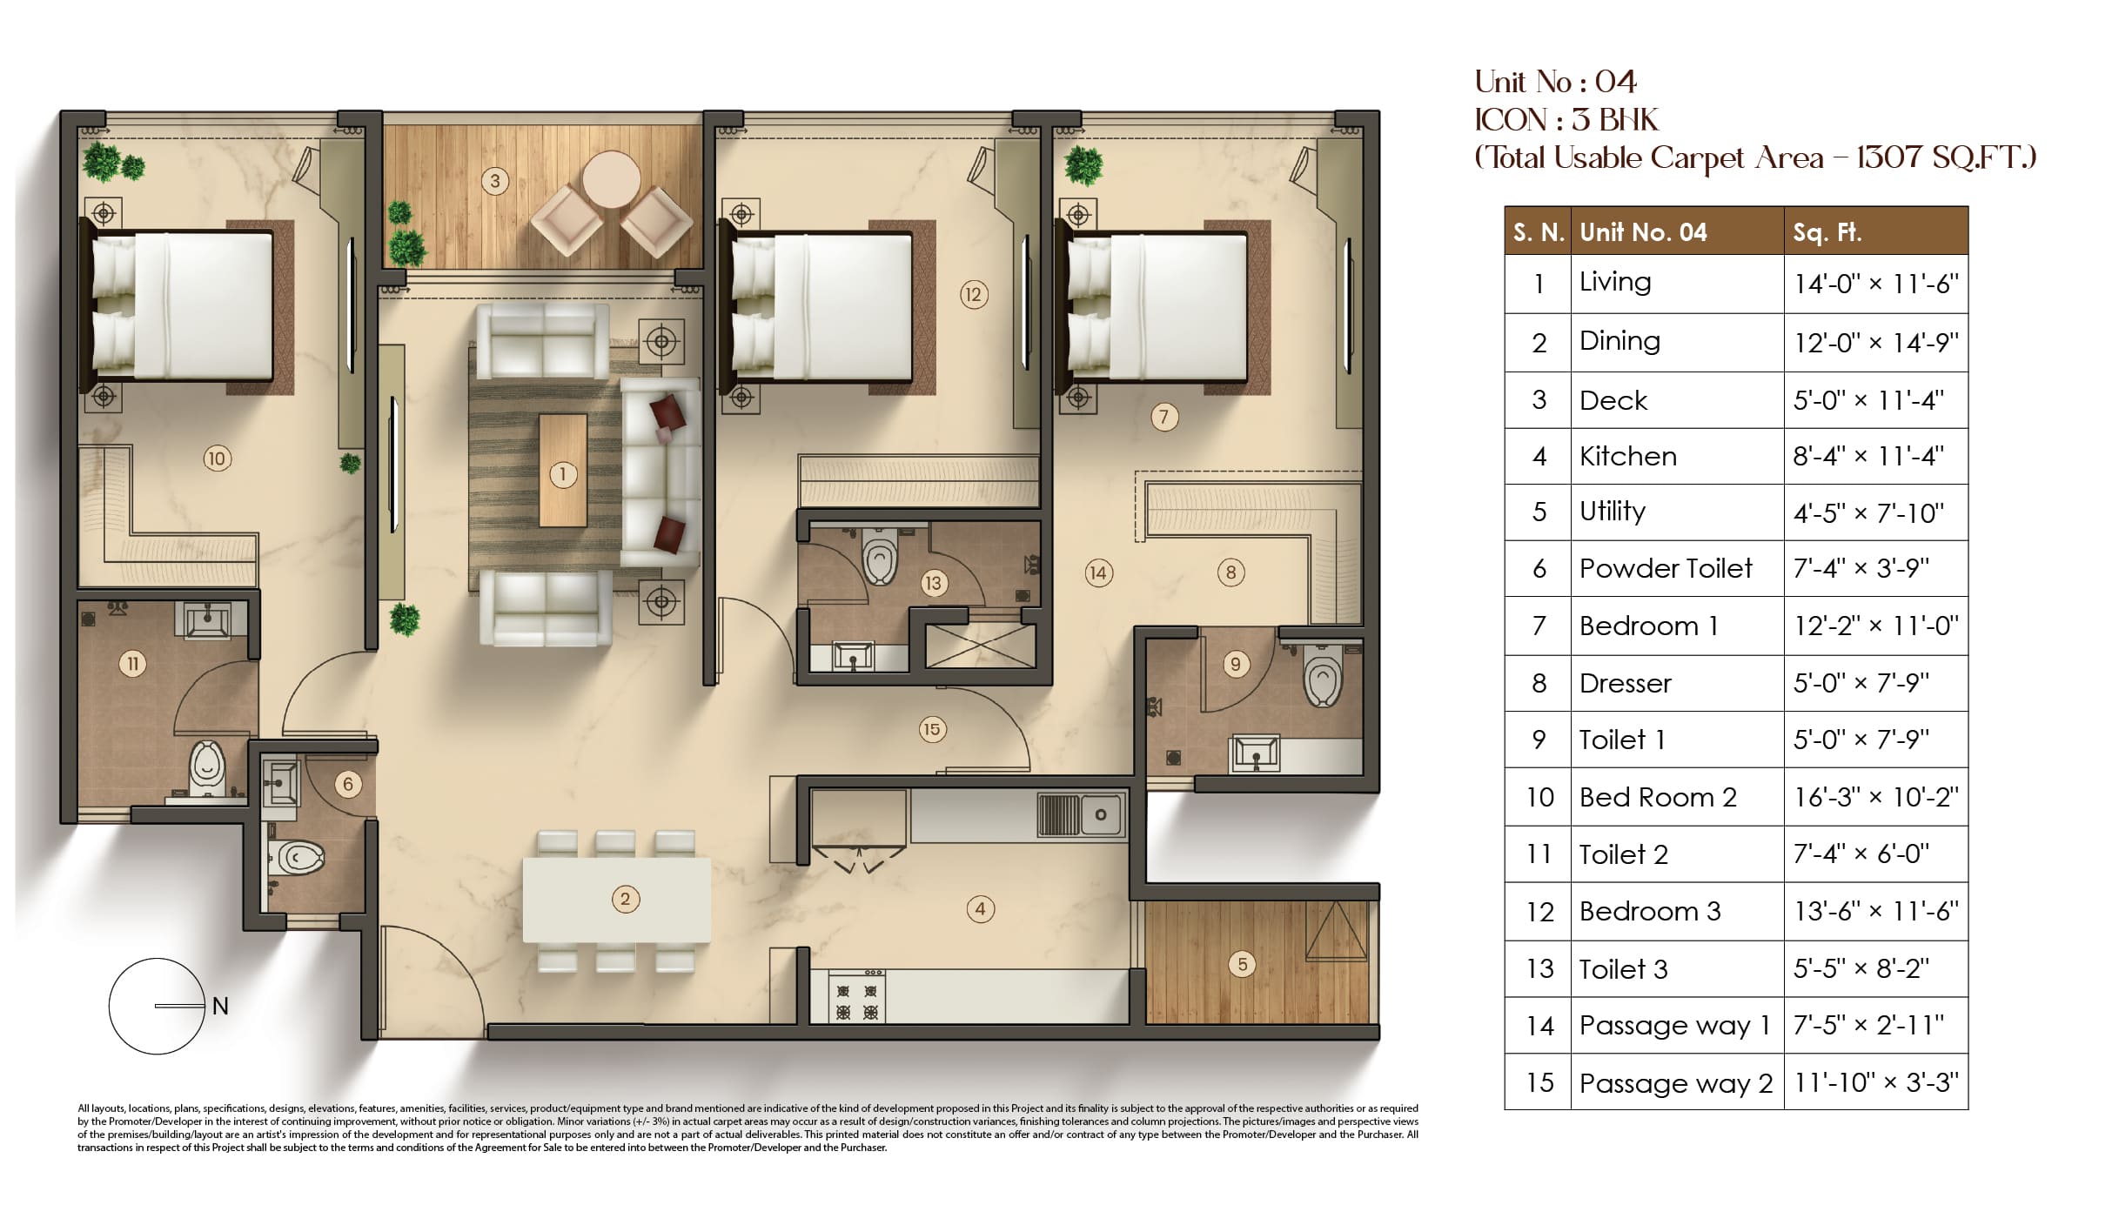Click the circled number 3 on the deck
click(495, 181)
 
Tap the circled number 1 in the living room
click(563, 474)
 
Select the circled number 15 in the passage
click(931, 729)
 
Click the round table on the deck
click(612, 180)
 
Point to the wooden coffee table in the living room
click(563, 471)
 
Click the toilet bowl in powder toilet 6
click(297, 858)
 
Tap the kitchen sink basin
click(1101, 815)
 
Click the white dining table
click(616, 900)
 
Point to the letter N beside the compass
click(220, 1007)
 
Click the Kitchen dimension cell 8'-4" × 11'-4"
click(1868, 456)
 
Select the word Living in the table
click(1615, 283)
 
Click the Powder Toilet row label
click(1666, 568)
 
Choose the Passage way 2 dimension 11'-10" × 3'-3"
click(1875, 1082)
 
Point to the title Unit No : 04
click(1556, 82)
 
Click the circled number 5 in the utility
click(1242, 964)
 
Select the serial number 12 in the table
click(1539, 912)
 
